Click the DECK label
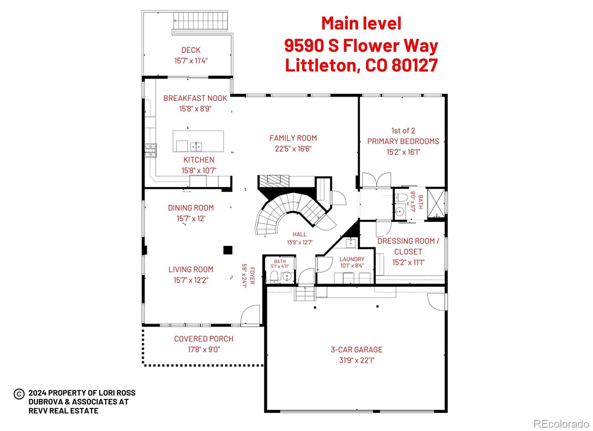[x=191, y=50]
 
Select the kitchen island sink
[x=196, y=146]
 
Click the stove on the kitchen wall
[x=150, y=150]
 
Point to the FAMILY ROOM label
[x=293, y=138]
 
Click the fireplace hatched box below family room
[x=274, y=180]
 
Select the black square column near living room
[x=228, y=250]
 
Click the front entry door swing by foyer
[x=250, y=315]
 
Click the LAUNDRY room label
[x=352, y=259]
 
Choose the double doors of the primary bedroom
[x=376, y=180]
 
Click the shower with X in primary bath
[x=435, y=205]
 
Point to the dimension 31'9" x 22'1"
[x=357, y=360]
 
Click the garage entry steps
[x=305, y=295]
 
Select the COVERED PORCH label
[x=203, y=339]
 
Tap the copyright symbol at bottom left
[x=19, y=394]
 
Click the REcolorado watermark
[x=561, y=424]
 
